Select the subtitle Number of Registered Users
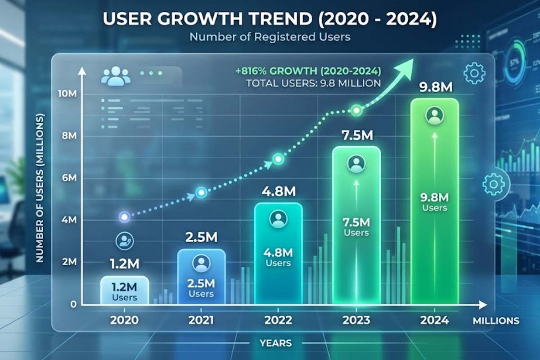[x=270, y=37]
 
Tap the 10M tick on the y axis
[x=66, y=94]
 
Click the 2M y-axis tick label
[x=68, y=262]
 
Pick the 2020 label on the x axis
[x=124, y=320]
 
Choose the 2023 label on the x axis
[x=356, y=320]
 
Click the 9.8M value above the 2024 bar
[x=435, y=87]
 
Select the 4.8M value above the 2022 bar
[x=279, y=191]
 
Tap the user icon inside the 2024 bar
[x=435, y=116]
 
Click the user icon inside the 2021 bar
[x=201, y=262]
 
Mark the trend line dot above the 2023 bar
[x=356, y=110]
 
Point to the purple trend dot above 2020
[x=124, y=217]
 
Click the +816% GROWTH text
[x=308, y=71]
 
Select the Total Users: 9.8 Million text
[x=313, y=83]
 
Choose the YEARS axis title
[x=275, y=343]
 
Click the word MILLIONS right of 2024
[x=496, y=321]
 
